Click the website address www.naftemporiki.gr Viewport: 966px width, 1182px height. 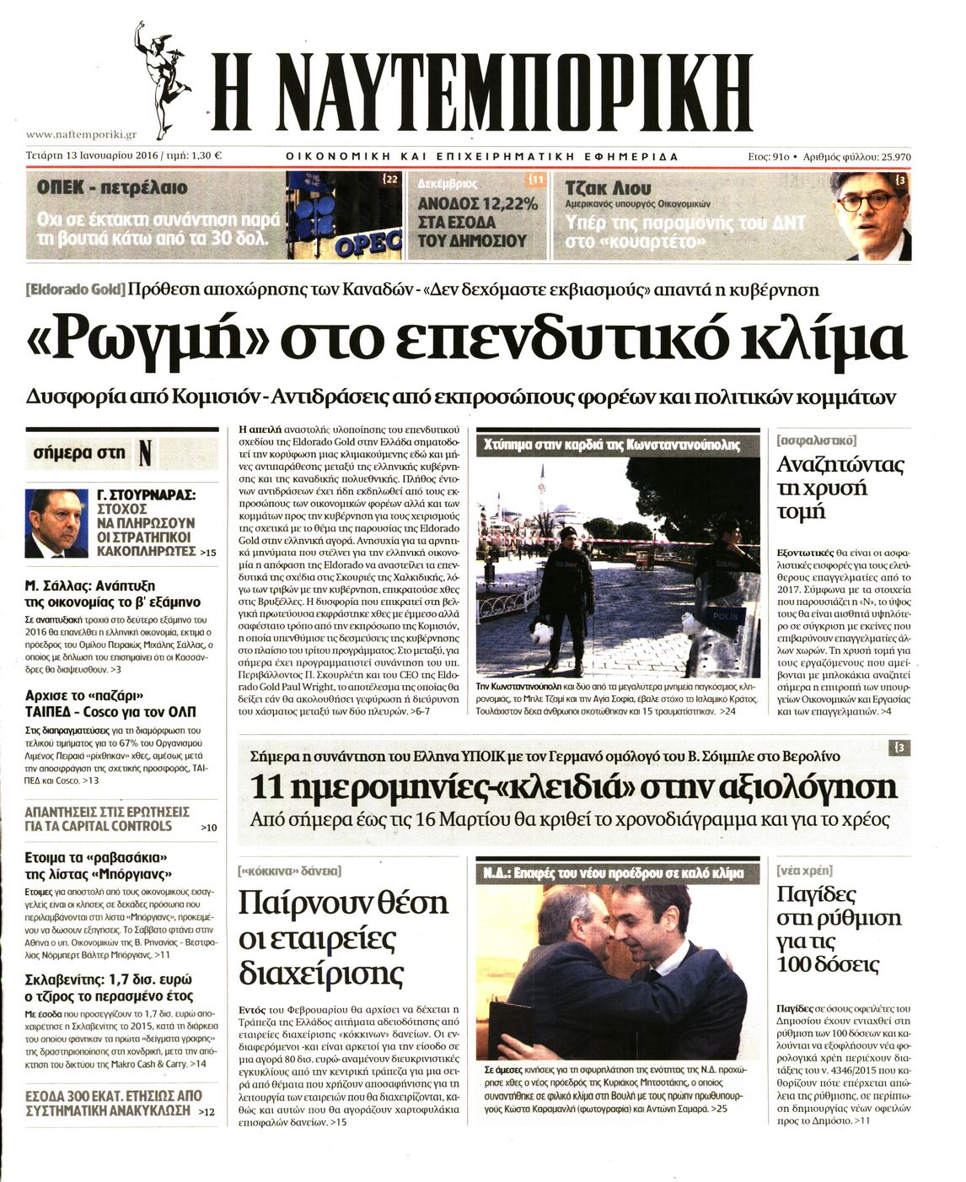81,134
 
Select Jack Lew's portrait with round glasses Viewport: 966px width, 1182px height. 869,215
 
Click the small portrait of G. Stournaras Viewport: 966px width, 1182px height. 56,523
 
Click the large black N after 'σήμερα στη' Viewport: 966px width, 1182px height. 145,453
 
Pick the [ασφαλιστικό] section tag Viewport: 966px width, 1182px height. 815,440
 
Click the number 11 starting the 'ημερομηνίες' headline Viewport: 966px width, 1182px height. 268,787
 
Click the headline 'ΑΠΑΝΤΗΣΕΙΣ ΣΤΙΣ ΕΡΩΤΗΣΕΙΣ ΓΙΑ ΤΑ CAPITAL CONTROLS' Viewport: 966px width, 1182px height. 107,818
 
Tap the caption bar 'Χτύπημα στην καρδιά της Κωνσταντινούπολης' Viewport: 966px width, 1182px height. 611,445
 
